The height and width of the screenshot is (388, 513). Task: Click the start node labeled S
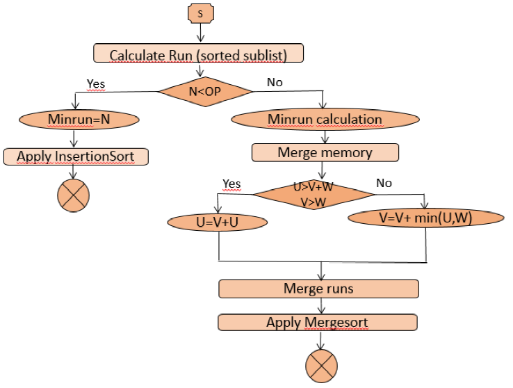[x=199, y=13]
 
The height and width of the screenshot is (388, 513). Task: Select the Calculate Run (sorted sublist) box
[x=198, y=53]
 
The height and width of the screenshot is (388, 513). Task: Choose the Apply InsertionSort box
[x=76, y=156]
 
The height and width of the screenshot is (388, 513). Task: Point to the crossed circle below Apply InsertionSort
[x=72, y=195]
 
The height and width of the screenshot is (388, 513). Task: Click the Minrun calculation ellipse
[x=325, y=119]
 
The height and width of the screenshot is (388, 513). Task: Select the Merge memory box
[x=325, y=152]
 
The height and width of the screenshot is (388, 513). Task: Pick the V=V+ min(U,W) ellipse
[x=425, y=217]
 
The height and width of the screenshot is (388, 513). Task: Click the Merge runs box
[x=318, y=288]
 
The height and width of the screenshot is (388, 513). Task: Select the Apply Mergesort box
[x=318, y=322]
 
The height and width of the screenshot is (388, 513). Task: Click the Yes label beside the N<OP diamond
[x=96, y=83]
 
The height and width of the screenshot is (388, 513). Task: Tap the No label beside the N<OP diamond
[x=275, y=83]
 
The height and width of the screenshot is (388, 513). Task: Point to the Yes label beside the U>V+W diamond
[x=231, y=184]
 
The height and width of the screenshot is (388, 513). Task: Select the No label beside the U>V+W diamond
[x=384, y=184]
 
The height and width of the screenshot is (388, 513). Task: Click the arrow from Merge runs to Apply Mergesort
[x=320, y=305]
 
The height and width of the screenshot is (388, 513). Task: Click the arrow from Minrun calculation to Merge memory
[x=325, y=136]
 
